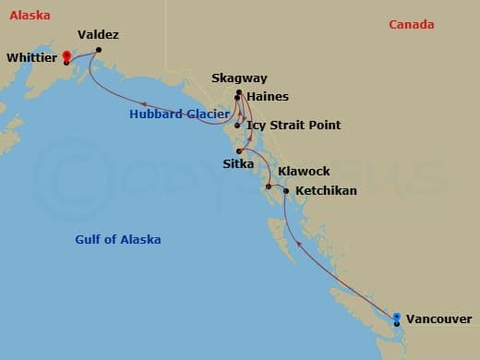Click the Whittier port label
32,57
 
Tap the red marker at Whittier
66,56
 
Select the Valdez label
98,35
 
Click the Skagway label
237,78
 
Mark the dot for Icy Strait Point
238,125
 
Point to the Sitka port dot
239,150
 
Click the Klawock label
304,172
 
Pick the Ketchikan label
324,190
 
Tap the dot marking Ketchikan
286,191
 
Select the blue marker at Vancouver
397,318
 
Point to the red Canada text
411,25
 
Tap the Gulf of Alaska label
118,240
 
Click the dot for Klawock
269,187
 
